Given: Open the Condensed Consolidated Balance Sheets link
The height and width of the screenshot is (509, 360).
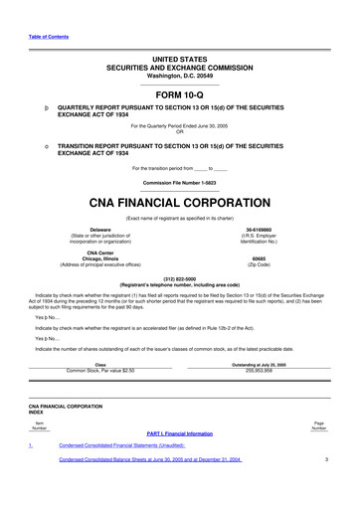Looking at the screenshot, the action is [x=151, y=488].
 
